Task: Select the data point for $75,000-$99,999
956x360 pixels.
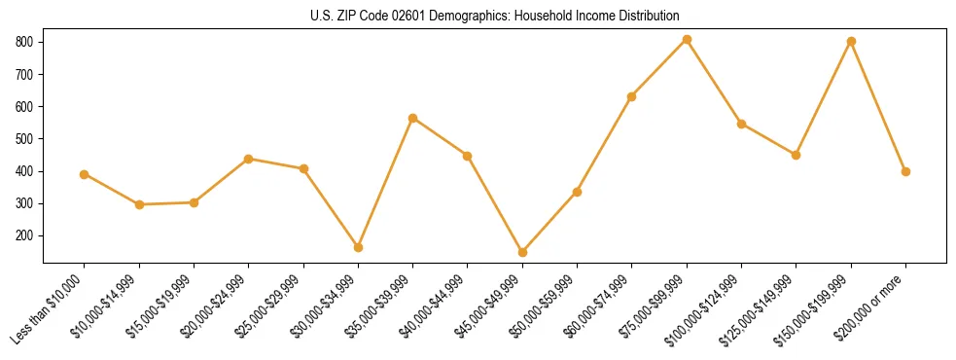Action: [x=687, y=40]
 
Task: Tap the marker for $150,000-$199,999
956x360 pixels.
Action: [x=851, y=42]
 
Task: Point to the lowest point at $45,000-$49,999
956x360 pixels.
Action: [x=522, y=252]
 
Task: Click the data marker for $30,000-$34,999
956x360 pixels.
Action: [x=358, y=247]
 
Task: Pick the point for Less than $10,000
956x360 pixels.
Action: [x=85, y=174]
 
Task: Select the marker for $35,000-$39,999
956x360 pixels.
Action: [x=412, y=118]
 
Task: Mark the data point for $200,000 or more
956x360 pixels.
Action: [x=905, y=171]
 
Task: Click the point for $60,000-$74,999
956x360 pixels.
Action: [x=632, y=96]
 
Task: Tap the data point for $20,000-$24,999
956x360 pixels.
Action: [x=249, y=159]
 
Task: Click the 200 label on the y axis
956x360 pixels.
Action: [x=25, y=235]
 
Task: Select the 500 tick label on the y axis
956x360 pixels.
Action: [x=25, y=139]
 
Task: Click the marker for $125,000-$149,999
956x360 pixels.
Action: [x=796, y=155]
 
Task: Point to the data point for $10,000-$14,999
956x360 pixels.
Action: [x=139, y=204]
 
